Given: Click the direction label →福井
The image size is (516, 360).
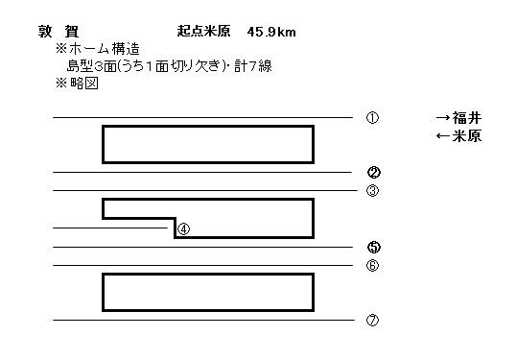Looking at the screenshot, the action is coord(457,118).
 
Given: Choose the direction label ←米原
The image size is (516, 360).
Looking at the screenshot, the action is coord(457,136).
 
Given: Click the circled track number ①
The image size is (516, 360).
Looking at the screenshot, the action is coord(373,118).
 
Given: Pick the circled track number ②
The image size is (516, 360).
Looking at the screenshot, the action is coord(374,173).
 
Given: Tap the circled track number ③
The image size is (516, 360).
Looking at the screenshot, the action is coord(373,190).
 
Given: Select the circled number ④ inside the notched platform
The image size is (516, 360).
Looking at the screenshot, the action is coord(184,228).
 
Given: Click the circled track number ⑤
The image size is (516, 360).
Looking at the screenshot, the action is coord(374,247).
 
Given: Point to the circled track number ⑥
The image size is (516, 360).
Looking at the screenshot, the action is coord(373,265).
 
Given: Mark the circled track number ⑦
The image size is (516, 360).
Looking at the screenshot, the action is coord(373,321).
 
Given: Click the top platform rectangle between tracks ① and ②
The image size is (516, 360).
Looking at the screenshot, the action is coord(208,144).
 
